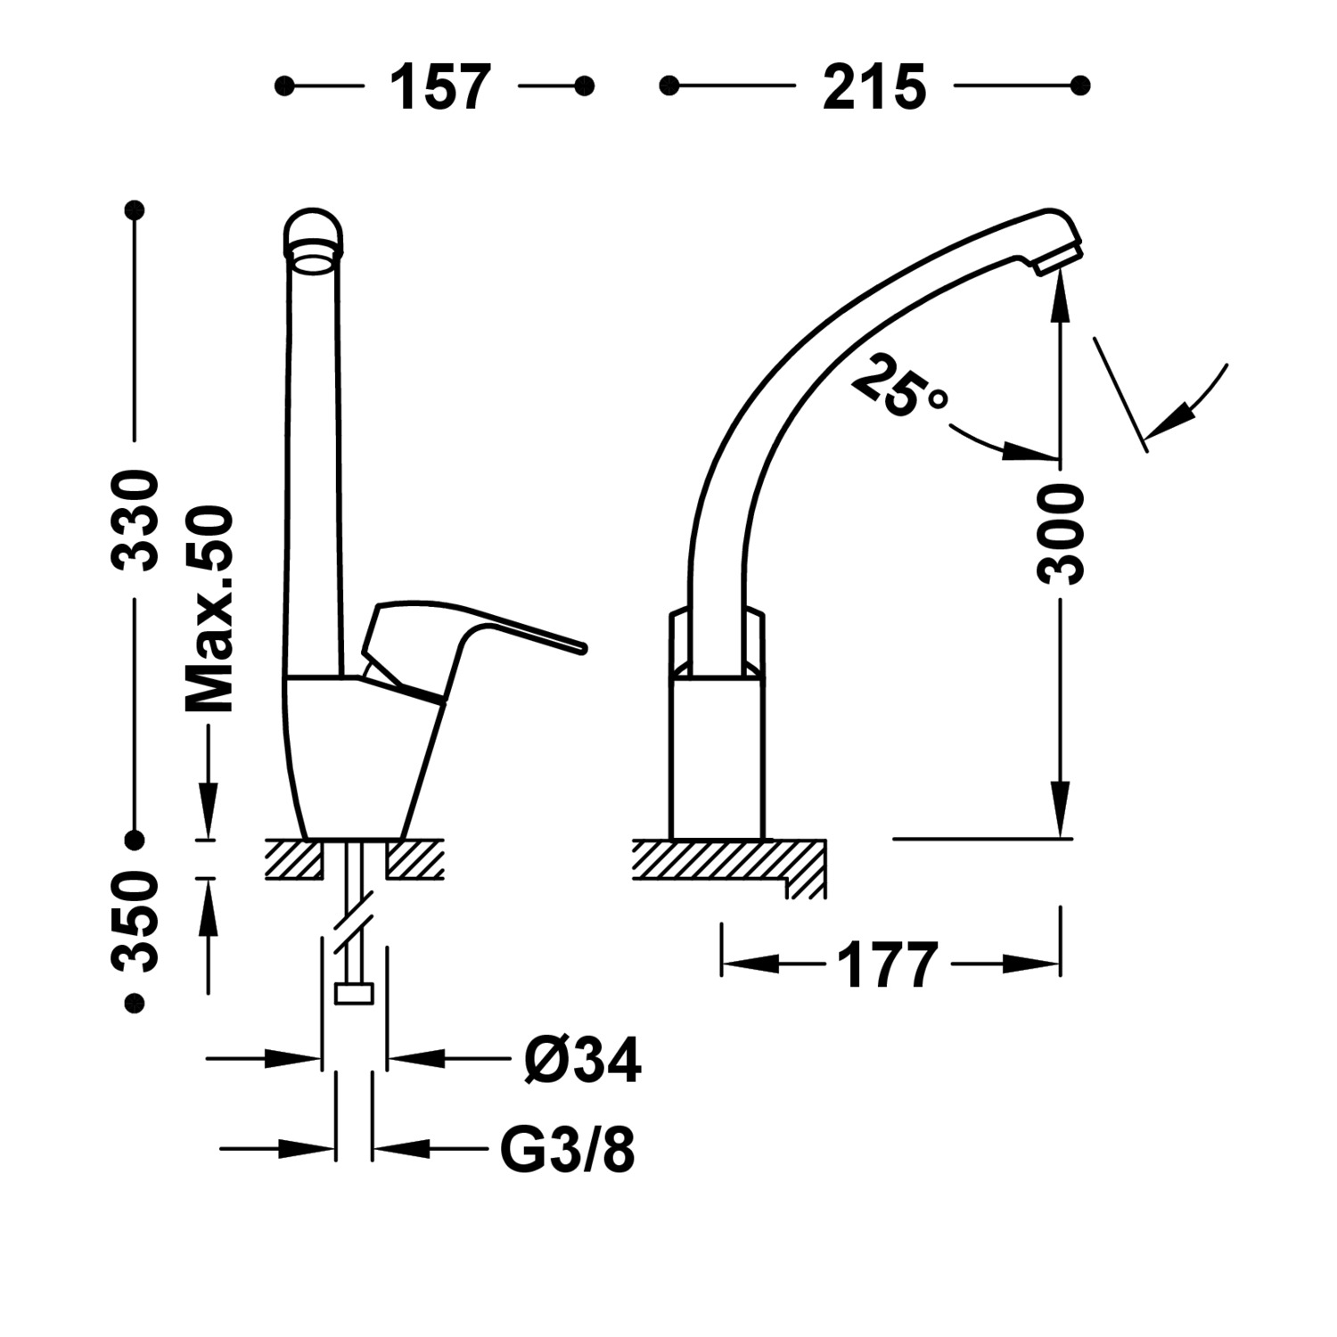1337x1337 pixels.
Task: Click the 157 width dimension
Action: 440,86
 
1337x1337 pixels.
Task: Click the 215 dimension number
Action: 874,86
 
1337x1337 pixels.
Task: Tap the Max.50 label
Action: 209,609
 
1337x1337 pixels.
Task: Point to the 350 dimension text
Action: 135,921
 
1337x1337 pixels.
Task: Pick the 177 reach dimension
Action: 888,964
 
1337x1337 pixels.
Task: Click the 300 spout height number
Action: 1061,534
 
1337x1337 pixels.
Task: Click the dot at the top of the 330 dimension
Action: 135,210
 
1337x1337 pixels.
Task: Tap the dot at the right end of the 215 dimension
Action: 1080,86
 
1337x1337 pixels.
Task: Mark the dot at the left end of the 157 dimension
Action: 284,86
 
